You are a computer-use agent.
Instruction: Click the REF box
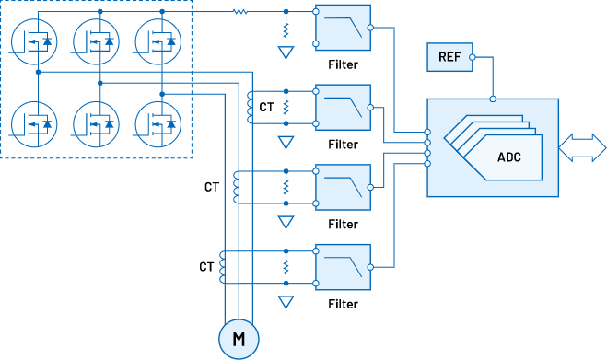point(449,57)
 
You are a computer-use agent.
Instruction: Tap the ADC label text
point(508,157)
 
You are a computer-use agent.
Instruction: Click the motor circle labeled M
point(239,339)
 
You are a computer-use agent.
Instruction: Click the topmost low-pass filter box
point(343,28)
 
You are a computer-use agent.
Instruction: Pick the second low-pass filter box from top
point(343,107)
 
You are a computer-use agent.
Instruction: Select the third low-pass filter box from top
point(343,187)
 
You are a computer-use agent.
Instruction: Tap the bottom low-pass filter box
point(343,267)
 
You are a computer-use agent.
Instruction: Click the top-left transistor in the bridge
point(37,41)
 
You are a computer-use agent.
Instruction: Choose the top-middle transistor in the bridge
point(99,41)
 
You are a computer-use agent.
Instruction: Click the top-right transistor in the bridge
point(161,41)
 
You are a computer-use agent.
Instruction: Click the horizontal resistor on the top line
point(239,12)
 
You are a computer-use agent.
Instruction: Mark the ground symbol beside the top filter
point(286,53)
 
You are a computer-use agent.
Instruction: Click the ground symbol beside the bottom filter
point(286,302)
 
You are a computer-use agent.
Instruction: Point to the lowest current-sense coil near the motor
point(222,267)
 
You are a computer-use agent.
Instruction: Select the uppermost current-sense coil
point(249,107)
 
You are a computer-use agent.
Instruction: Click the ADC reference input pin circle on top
point(493,99)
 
